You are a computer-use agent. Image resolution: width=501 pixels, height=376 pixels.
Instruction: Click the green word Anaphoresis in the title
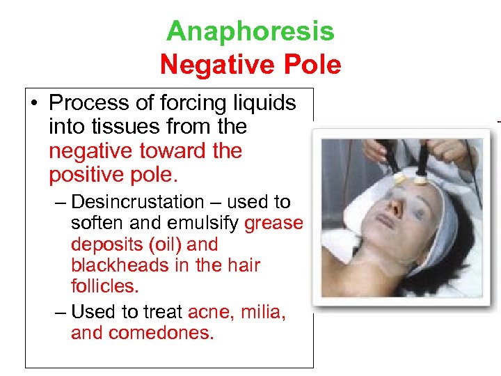tap(250, 31)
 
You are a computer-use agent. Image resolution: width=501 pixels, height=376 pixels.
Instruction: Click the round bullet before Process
tap(34, 104)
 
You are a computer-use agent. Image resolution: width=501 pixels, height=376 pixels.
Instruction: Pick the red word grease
tap(274, 224)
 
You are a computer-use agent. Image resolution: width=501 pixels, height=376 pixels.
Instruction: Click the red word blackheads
tap(116, 265)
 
